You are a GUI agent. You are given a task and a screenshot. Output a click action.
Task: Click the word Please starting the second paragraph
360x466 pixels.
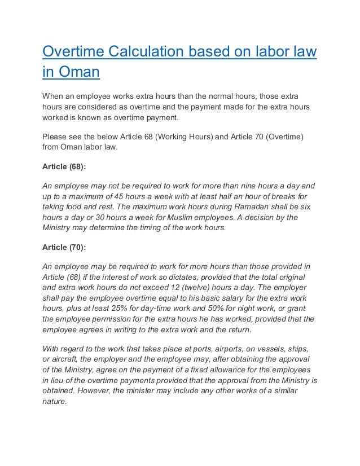pos(57,135)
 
